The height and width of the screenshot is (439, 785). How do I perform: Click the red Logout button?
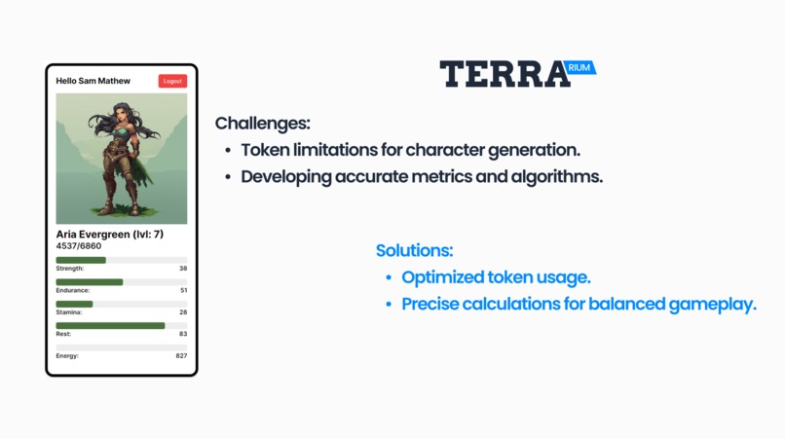[x=172, y=81]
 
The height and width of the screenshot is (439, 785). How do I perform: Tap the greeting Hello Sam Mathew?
[x=93, y=81]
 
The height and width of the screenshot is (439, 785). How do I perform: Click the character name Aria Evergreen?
[x=94, y=235]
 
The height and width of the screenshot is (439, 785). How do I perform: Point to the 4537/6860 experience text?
[x=79, y=246]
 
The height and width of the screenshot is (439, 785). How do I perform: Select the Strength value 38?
[x=183, y=269]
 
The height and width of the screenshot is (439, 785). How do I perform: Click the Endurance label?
[x=73, y=290]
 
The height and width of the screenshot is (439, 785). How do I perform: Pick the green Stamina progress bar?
[x=74, y=304]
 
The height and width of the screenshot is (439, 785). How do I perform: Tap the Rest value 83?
[x=183, y=334]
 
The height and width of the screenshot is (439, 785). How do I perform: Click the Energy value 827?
[x=181, y=356]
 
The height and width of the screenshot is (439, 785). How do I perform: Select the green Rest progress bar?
[x=110, y=326]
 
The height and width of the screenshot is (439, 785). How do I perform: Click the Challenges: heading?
[x=263, y=124]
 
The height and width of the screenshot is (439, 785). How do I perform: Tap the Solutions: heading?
[x=414, y=251]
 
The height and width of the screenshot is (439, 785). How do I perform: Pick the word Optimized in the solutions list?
[x=443, y=277]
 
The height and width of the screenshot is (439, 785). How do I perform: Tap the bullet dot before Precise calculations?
[x=390, y=305]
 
